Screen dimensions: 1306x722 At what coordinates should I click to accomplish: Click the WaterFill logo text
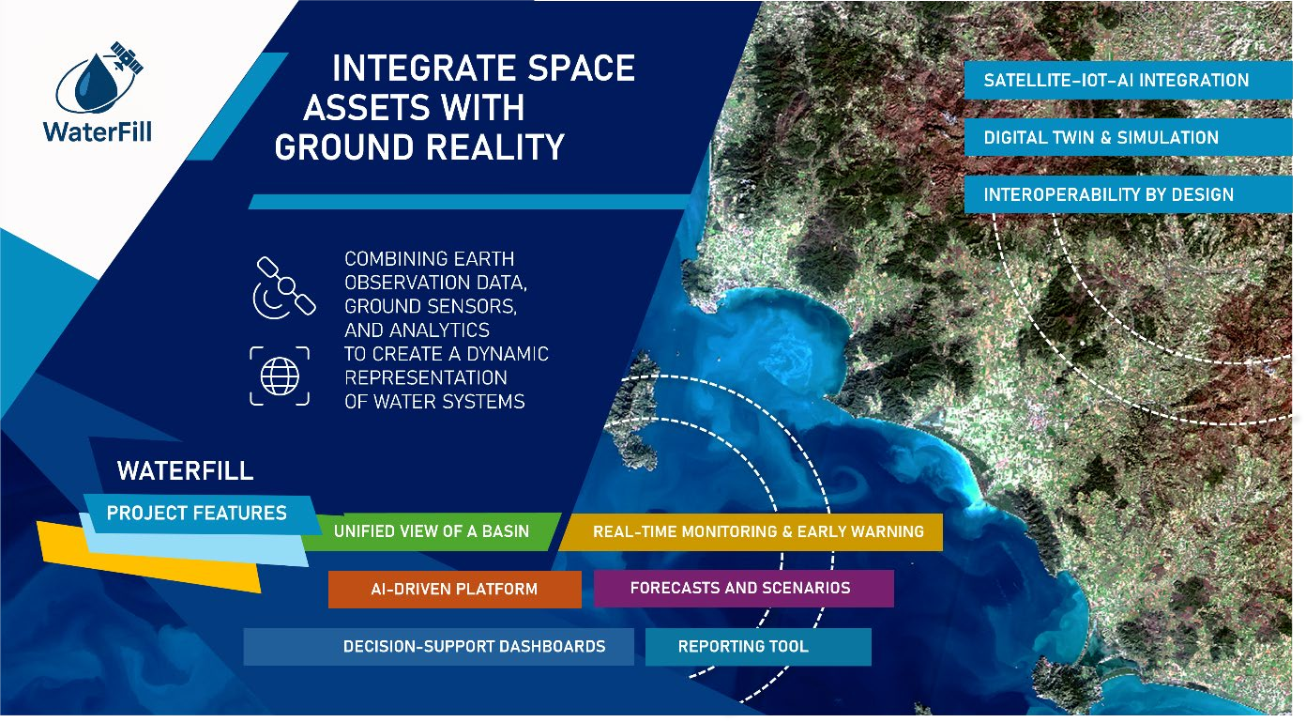(x=98, y=131)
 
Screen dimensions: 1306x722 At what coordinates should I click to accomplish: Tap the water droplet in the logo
(x=93, y=83)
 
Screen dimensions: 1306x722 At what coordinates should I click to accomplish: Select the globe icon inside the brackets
(x=280, y=376)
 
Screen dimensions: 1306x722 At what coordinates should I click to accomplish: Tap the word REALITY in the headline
(x=495, y=146)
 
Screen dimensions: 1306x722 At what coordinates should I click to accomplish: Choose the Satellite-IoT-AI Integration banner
(x=1128, y=80)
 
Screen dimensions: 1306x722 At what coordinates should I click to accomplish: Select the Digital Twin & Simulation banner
(x=1128, y=137)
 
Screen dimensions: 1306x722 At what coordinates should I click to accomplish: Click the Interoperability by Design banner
(x=1128, y=194)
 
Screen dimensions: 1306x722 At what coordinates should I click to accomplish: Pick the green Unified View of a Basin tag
(x=432, y=531)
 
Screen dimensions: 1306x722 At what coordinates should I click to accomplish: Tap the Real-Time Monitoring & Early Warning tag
(x=752, y=531)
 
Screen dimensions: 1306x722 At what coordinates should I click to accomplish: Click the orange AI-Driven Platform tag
(x=455, y=589)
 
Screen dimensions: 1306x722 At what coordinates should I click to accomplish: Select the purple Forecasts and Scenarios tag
(x=743, y=589)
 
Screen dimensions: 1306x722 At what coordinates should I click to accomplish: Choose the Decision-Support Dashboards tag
(x=438, y=647)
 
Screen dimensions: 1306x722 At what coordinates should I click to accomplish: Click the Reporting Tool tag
(x=758, y=647)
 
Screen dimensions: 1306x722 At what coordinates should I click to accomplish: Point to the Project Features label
(x=196, y=514)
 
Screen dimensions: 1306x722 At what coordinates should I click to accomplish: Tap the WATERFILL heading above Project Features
(x=186, y=470)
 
